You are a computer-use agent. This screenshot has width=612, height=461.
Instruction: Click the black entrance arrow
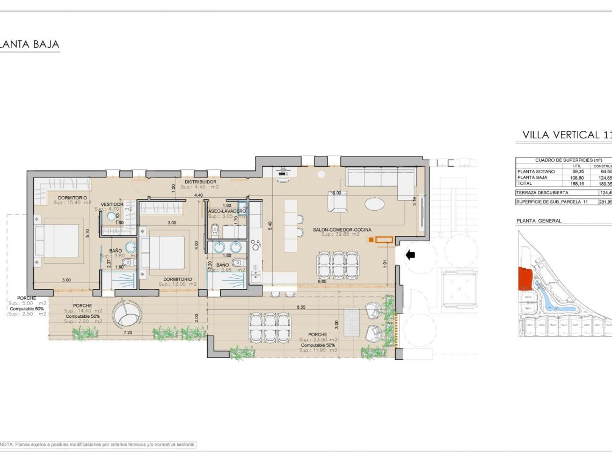[410, 256]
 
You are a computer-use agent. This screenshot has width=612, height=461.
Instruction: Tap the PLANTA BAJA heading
[30, 44]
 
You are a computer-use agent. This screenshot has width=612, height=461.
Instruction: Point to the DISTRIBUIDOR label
[198, 182]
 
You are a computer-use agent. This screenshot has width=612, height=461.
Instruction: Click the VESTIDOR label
[112, 204]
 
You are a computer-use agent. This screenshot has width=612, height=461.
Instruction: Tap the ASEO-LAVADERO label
[227, 212]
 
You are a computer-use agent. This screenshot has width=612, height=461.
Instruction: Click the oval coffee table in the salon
[374, 204]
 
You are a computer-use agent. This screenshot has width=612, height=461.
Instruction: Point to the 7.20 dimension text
[128, 333]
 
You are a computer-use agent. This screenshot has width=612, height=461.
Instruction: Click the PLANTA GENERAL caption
[538, 220]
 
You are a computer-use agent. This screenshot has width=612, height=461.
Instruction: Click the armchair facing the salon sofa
[339, 202]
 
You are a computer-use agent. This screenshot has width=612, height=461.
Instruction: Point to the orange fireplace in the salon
[381, 240]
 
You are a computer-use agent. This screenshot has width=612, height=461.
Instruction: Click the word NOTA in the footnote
[6, 444]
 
